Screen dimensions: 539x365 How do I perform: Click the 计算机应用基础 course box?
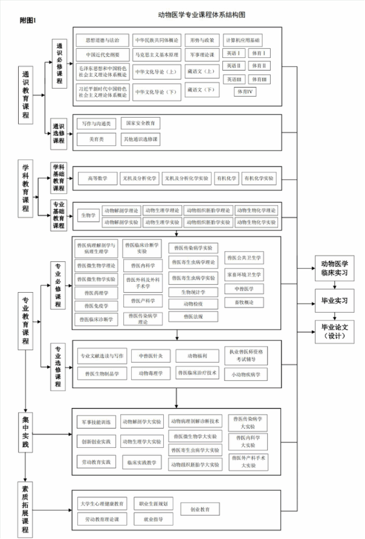point(243,40)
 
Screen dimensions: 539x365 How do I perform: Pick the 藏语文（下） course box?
point(201,90)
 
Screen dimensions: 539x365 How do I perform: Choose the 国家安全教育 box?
point(140,123)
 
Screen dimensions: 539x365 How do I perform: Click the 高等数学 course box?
point(97,178)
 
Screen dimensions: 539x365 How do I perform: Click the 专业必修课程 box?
point(58,276)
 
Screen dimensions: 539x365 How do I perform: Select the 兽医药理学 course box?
point(97,293)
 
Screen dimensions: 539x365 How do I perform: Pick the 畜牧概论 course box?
point(244,302)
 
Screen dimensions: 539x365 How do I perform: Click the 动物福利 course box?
point(197,356)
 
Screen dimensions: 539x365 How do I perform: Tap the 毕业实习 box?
point(334,299)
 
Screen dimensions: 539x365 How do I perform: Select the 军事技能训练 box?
point(97,421)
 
